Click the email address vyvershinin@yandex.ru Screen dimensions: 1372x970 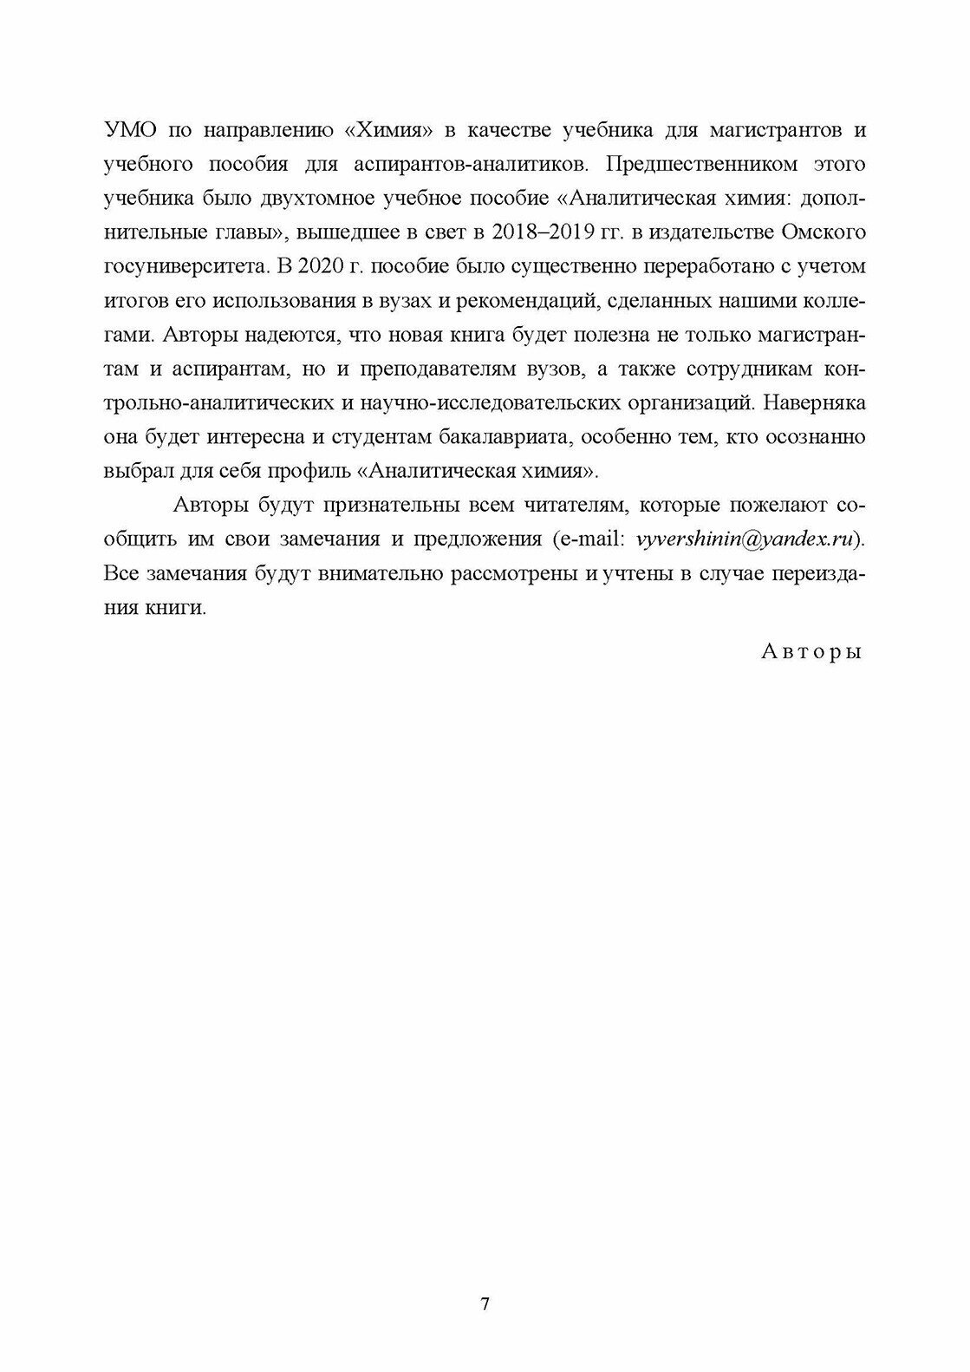click(746, 539)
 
